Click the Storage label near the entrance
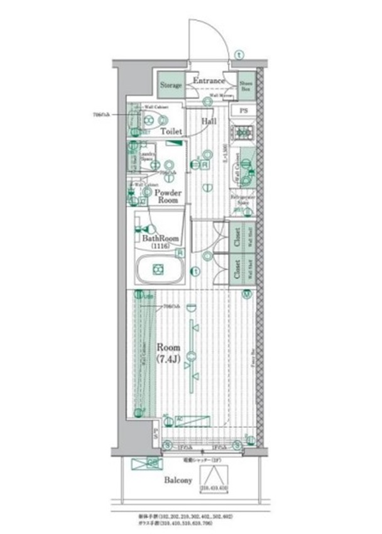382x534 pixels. (170, 85)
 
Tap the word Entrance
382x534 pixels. (209, 81)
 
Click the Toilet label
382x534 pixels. (171, 131)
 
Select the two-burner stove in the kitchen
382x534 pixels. (244, 133)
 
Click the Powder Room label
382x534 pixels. (168, 196)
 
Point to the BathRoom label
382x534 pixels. (161, 239)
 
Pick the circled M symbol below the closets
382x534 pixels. (247, 293)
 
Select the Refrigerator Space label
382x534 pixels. (241, 200)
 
